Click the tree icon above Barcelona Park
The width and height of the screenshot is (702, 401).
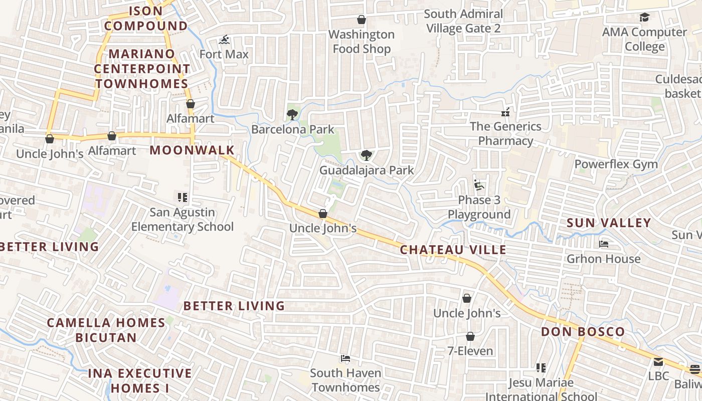292,115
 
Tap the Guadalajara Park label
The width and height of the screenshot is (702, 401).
367,170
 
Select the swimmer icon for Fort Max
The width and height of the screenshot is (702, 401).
224,40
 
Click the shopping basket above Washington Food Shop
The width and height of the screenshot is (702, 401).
361,20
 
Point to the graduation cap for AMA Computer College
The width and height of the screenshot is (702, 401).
644,18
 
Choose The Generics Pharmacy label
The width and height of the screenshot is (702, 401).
505,133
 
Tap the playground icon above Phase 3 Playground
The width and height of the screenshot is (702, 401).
479,185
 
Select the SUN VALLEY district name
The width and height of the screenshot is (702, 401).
609,223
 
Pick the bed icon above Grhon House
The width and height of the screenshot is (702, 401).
604,244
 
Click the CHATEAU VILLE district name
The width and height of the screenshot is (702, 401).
453,250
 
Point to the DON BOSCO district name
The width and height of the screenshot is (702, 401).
583,332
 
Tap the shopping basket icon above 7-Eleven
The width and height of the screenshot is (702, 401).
470,336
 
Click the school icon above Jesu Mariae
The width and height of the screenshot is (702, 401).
541,368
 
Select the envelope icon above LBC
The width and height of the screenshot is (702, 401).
658,361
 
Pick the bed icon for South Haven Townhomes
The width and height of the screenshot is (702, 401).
345,358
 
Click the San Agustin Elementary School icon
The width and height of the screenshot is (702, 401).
182,197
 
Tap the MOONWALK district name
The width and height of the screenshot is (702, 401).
192,150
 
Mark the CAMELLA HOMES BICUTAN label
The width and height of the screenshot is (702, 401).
106,330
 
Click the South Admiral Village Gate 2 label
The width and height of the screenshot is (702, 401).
463,21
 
